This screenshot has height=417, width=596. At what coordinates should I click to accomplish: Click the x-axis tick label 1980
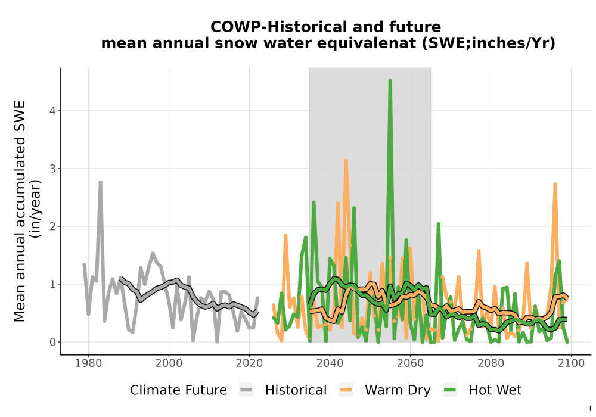[x=89, y=363]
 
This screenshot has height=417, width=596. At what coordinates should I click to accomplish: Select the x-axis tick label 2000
[x=169, y=363]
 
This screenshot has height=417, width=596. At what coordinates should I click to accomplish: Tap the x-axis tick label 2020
[x=249, y=363]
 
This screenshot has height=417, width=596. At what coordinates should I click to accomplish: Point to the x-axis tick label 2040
[x=330, y=363]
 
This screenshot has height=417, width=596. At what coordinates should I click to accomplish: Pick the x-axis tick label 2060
[x=410, y=363]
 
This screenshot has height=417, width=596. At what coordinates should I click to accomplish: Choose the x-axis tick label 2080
[x=491, y=363]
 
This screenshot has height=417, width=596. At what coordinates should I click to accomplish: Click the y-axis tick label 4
[x=52, y=111]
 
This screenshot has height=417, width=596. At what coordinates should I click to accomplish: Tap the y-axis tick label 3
[x=52, y=169]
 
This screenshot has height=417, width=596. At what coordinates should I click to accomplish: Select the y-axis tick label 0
[x=52, y=342]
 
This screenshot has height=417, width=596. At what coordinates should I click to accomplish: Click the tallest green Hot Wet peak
[x=390, y=81]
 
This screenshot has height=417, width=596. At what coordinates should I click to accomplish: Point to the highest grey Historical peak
[x=100, y=183]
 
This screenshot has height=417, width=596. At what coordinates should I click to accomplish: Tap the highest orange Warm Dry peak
[x=346, y=161]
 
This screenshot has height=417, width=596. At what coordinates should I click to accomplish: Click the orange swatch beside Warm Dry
[x=346, y=390]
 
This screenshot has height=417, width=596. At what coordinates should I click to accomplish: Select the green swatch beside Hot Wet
[x=449, y=390]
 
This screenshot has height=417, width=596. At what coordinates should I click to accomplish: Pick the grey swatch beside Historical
[x=246, y=390]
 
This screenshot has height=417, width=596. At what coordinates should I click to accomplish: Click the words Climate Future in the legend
[x=178, y=390]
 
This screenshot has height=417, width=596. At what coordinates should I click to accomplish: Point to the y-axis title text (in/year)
[x=36, y=208]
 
